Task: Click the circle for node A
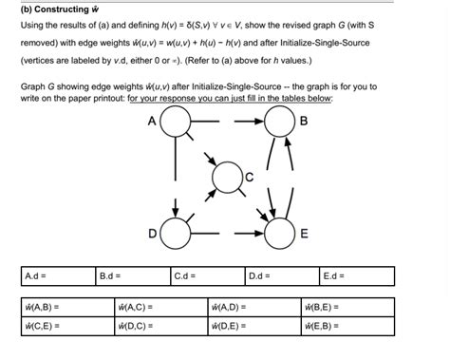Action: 177,123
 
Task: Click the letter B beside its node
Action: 303,121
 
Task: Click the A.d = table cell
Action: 55,276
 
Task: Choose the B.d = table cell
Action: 130,276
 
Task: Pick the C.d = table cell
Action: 205,276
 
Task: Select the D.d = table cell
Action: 280,276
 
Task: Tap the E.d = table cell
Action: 355,276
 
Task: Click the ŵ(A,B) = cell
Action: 63,308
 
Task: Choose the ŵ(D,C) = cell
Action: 157,326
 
